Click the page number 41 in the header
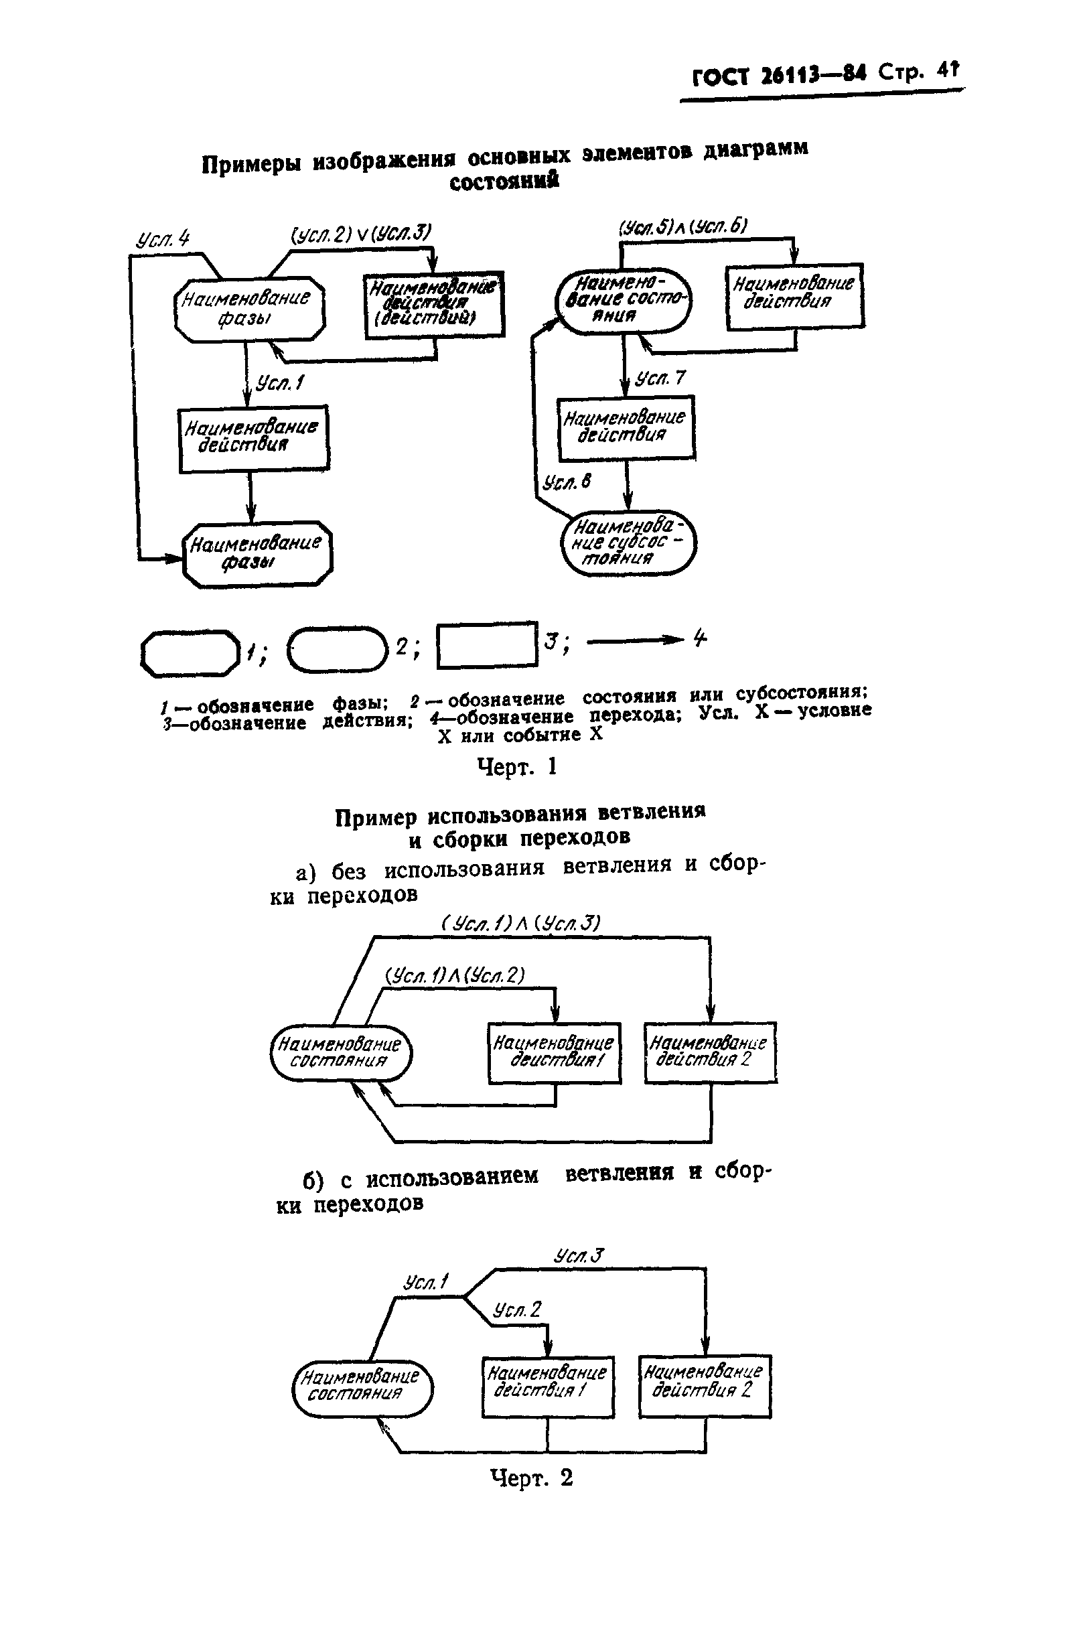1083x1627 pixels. click(948, 70)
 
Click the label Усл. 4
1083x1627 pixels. click(163, 240)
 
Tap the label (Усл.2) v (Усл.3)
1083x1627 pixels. click(361, 235)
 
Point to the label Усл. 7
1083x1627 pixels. click(660, 378)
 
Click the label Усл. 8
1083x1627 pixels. click(567, 482)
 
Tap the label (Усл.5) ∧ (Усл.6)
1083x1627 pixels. click(682, 227)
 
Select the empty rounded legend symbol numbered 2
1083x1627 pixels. click(337, 648)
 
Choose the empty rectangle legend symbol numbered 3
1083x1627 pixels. click(487, 645)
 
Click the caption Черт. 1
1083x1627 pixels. click(516, 766)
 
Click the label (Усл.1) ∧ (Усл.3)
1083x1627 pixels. click(521, 923)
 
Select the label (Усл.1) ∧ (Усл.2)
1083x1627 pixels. click(455, 976)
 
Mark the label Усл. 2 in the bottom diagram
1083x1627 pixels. click(518, 1309)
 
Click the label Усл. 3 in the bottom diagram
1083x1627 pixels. click(579, 1255)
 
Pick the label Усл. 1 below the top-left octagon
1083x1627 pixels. click(280, 382)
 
